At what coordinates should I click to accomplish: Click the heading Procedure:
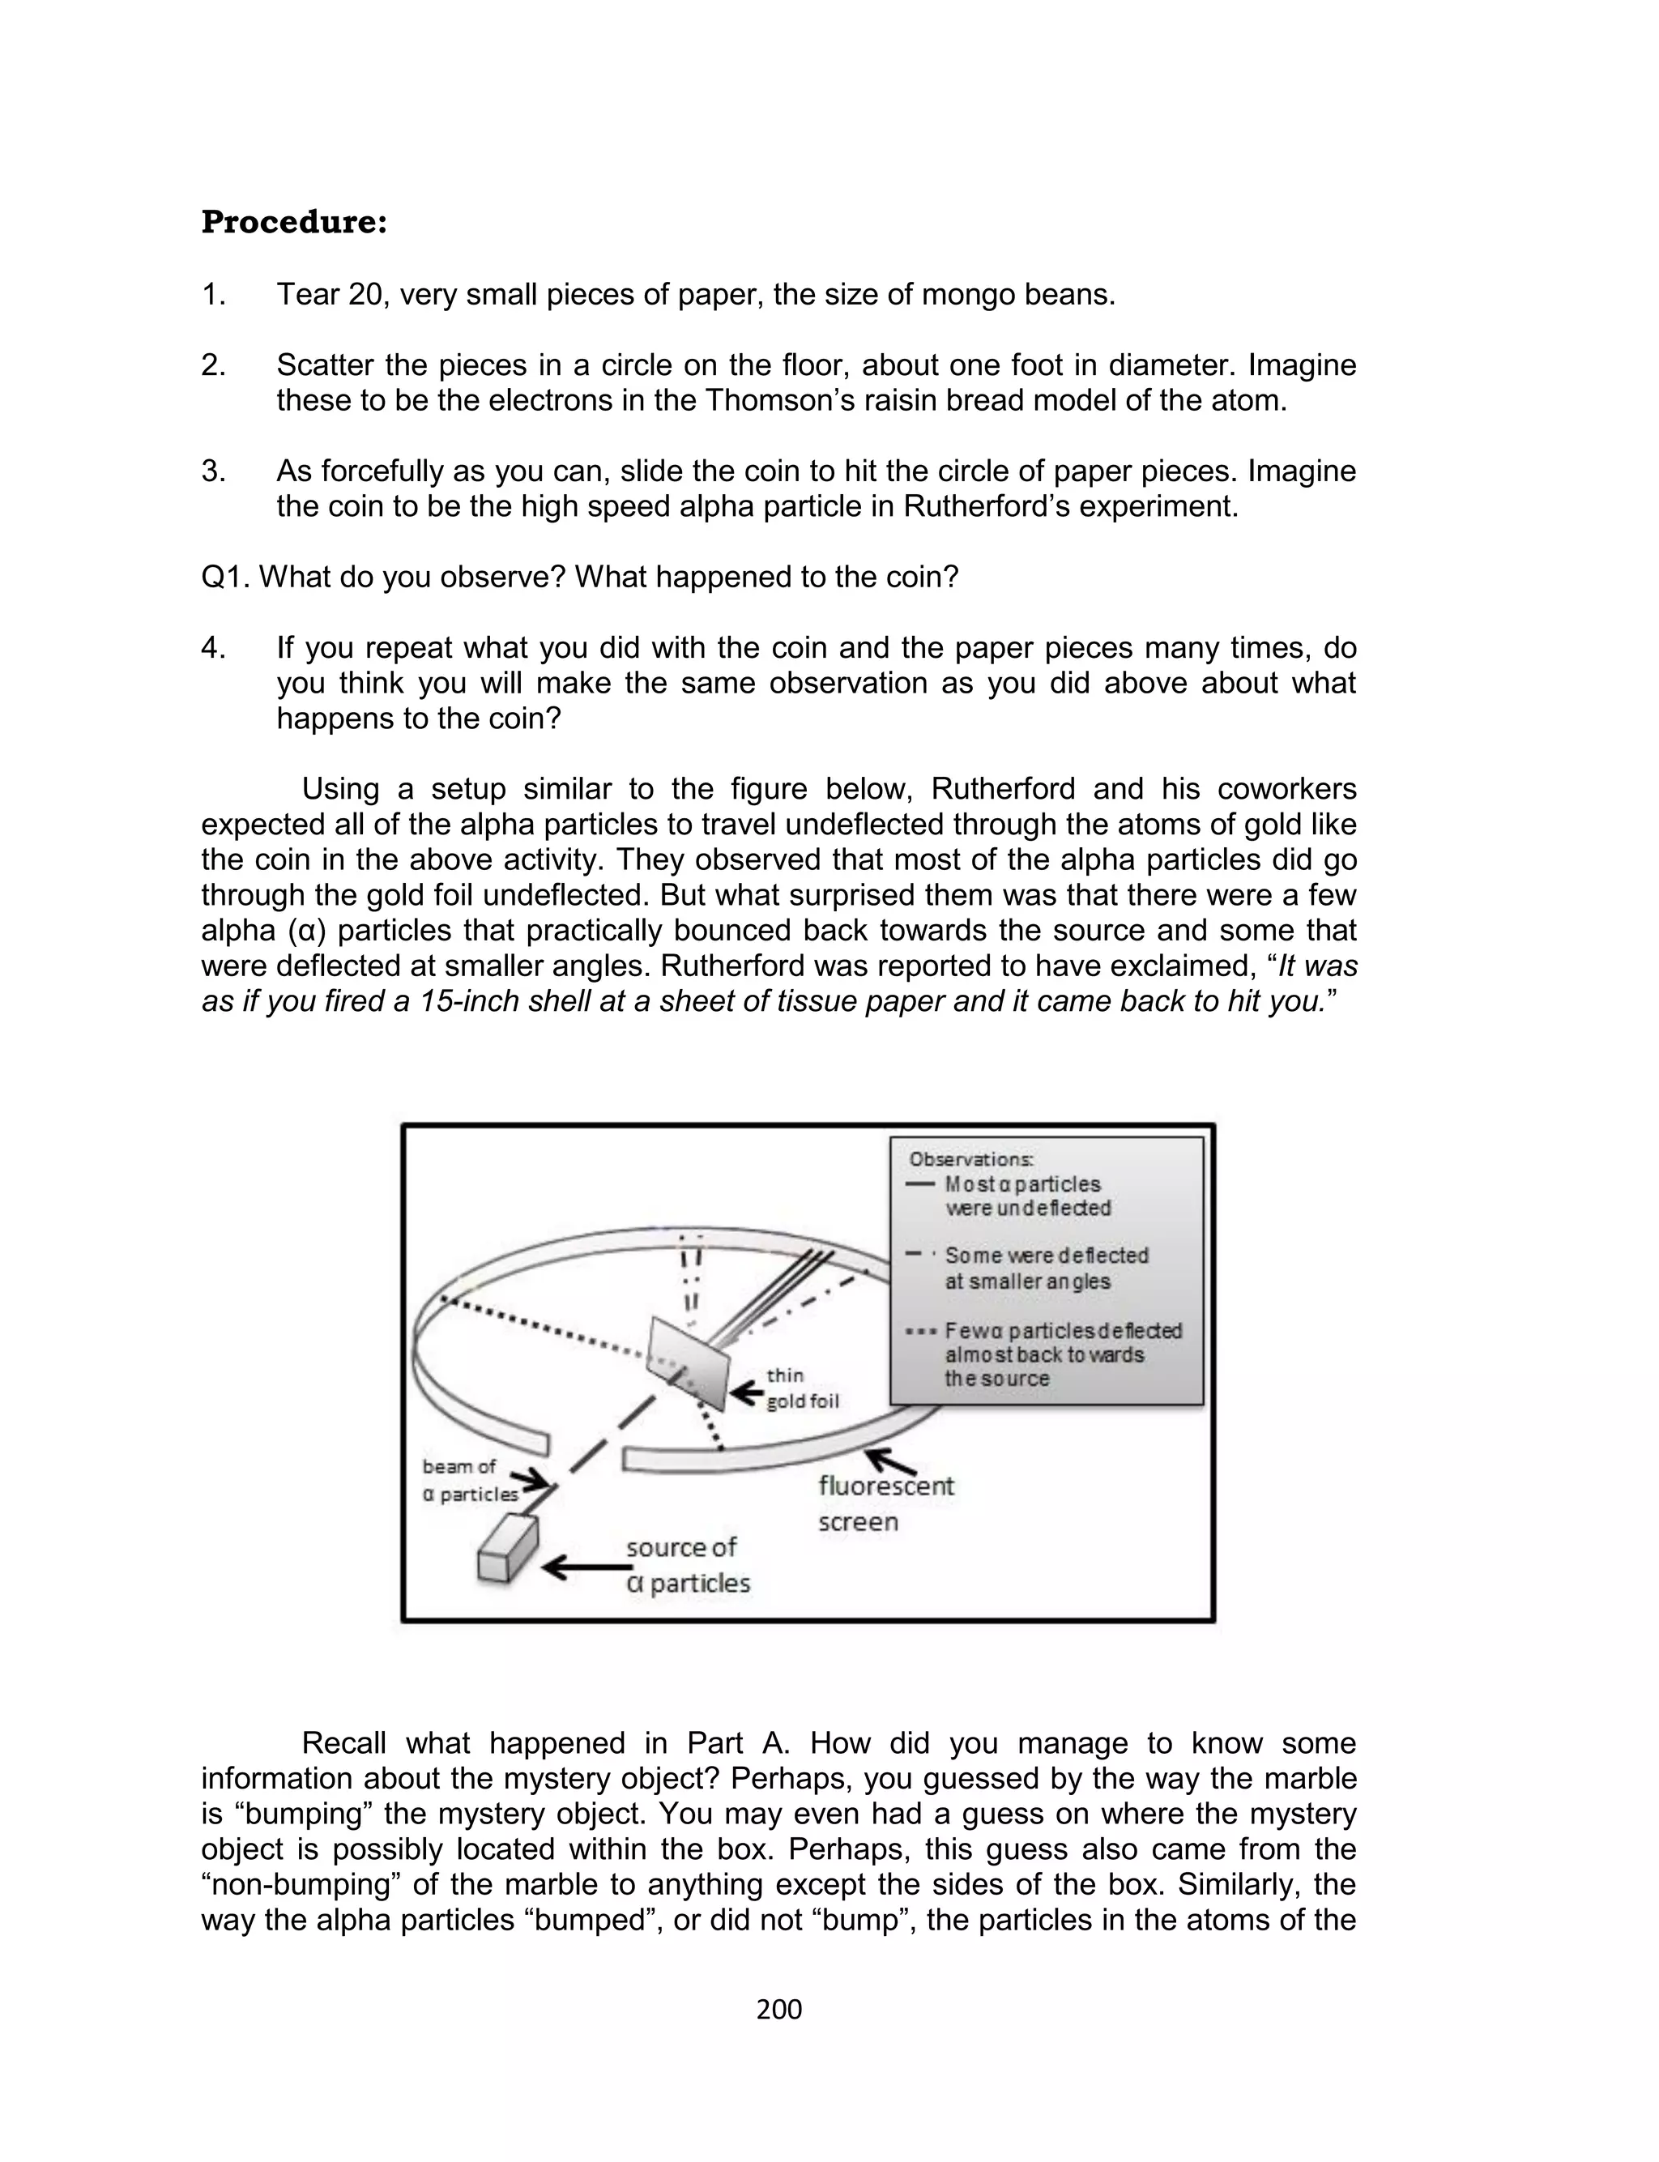(293, 223)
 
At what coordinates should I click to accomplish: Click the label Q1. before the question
(226, 578)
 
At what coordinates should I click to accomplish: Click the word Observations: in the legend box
(970, 1160)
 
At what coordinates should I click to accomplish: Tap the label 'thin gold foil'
(802, 1388)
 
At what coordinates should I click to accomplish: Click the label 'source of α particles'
(687, 1565)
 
